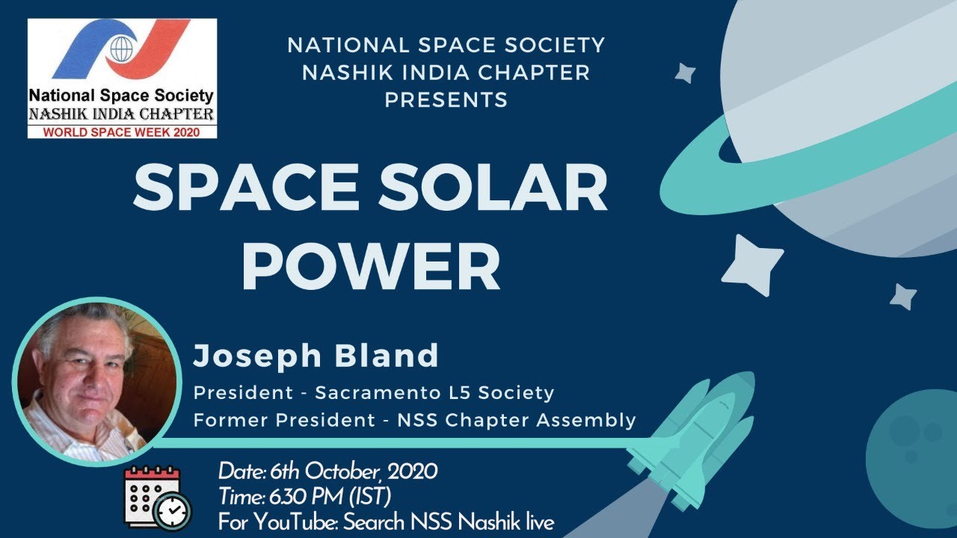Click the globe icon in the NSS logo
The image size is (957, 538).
[x=120, y=49]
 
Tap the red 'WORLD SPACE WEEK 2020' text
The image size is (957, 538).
[x=122, y=132]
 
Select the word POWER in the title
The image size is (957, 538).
[x=370, y=266]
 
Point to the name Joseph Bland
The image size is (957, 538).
[x=316, y=356]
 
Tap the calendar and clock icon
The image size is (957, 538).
[x=156, y=497]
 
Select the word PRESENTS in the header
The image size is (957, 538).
[x=446, y=99]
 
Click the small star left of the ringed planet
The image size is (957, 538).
[x=685, y=72]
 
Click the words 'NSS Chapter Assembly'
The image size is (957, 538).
[x=540, y=420]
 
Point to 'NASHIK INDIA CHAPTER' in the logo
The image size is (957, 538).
[x=121, y=114]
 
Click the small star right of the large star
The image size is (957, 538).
[x=903, y=297]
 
